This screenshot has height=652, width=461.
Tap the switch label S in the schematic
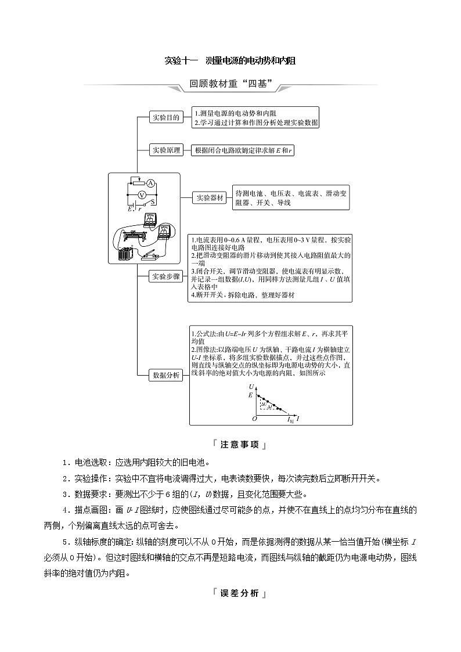pos(152,202)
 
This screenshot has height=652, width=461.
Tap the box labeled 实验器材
pos(210,197)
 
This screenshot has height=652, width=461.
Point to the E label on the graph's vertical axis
pos(250,395)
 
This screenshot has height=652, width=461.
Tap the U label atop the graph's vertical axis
pos(251,386)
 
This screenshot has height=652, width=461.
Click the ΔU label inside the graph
pos(264,403)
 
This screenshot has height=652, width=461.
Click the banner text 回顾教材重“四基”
pos(231,84)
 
